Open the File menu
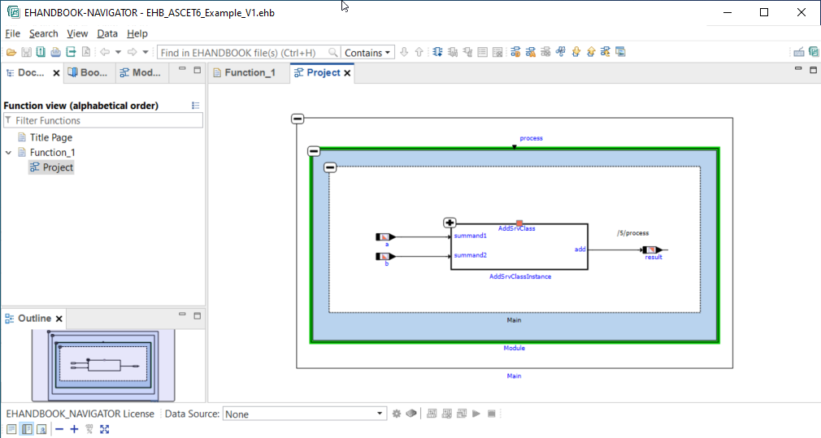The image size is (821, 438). [x=12, y=33]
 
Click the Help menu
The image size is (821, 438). [x=137, y=33]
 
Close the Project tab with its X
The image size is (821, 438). [x=348, y=73]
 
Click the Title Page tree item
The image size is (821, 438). [x=50, y=137]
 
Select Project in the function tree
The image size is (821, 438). [x=58, y=167]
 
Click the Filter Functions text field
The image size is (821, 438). [x=106, y=120]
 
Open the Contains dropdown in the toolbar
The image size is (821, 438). [x=367, y=52]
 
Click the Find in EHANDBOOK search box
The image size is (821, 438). [x=248, y=52]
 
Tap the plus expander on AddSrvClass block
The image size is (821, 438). [x=450, y=223]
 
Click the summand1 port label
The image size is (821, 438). [x=470, y=236]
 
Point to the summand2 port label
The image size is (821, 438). [x=470, y=255]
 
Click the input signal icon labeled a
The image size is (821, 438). [x=385, y=237]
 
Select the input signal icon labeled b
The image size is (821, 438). [x=385, y=257]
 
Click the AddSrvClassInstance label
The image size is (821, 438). [x=520, y=276]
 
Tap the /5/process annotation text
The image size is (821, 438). [x=633, y=233]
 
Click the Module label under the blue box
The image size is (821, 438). [x=515, y=348]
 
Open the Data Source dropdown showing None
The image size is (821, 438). [x=304, y=414]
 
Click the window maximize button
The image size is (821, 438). [x=764, y=12]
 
